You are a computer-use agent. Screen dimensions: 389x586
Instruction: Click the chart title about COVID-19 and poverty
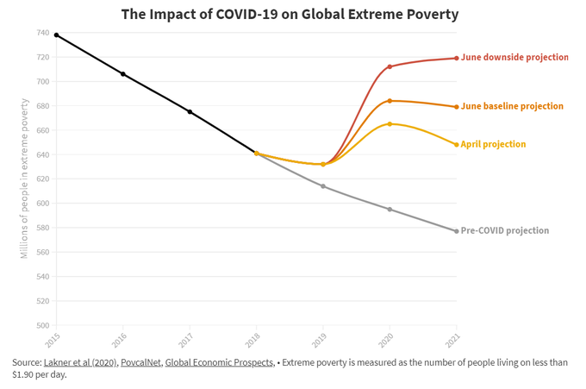290,14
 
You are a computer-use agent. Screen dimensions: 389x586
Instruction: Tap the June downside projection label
514,58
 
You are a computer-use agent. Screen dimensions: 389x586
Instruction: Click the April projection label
493,144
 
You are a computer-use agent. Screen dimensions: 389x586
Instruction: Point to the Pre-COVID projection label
504,231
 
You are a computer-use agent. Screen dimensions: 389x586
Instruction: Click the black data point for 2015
57,35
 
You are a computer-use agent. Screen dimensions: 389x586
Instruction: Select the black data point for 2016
123,74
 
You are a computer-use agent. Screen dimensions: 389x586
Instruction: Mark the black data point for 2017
190,112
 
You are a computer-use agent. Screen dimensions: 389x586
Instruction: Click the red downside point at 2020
390,66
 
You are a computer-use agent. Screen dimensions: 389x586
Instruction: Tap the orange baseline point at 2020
390,101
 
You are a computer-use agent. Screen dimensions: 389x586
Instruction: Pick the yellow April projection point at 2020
390,124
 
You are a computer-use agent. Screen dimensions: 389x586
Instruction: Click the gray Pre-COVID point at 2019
323,186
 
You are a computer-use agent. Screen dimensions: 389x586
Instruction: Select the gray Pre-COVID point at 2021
456,231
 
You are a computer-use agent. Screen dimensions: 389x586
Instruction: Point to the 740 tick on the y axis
42,33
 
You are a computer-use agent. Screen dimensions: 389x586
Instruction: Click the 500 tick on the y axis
42,326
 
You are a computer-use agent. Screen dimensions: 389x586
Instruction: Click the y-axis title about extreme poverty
25,179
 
